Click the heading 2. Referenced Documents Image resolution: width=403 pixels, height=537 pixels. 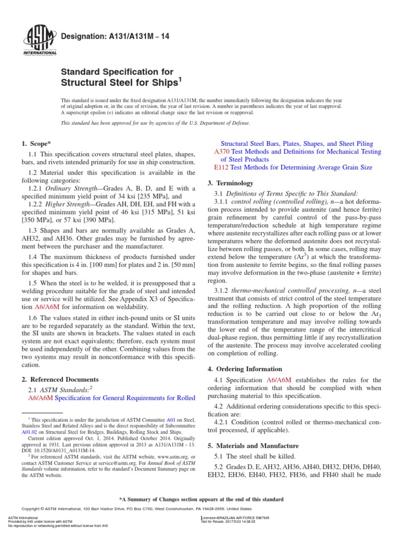point(60,379)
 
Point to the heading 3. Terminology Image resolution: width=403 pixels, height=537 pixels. point(231,183)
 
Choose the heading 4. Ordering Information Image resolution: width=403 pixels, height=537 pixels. point(247,369)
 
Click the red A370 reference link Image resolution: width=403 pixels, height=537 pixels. point(222,152)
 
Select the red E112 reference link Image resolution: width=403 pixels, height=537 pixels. point(222,167)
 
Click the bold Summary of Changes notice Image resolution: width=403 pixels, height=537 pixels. point(201,499)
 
